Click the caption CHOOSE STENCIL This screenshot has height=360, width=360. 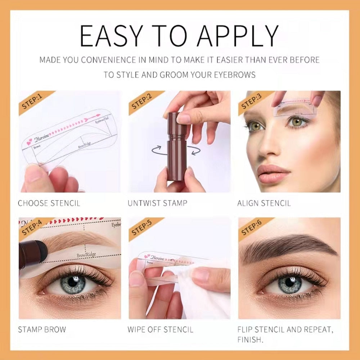pos(49,203)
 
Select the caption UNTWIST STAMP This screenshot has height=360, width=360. pos(157,203)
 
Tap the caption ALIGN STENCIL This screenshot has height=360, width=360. pos(264,203)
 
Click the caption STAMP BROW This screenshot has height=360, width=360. pos(42,329)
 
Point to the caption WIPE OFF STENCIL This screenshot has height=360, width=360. pos(160,329)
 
